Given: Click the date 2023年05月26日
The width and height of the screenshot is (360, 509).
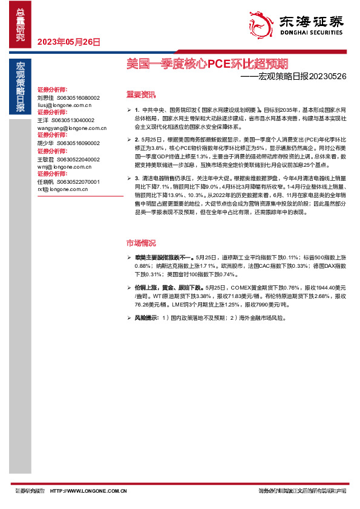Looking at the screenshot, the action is (69, 42).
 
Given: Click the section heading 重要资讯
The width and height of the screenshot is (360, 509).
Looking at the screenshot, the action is (140, 94).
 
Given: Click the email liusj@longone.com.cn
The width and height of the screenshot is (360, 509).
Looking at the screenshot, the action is (64, 105).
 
